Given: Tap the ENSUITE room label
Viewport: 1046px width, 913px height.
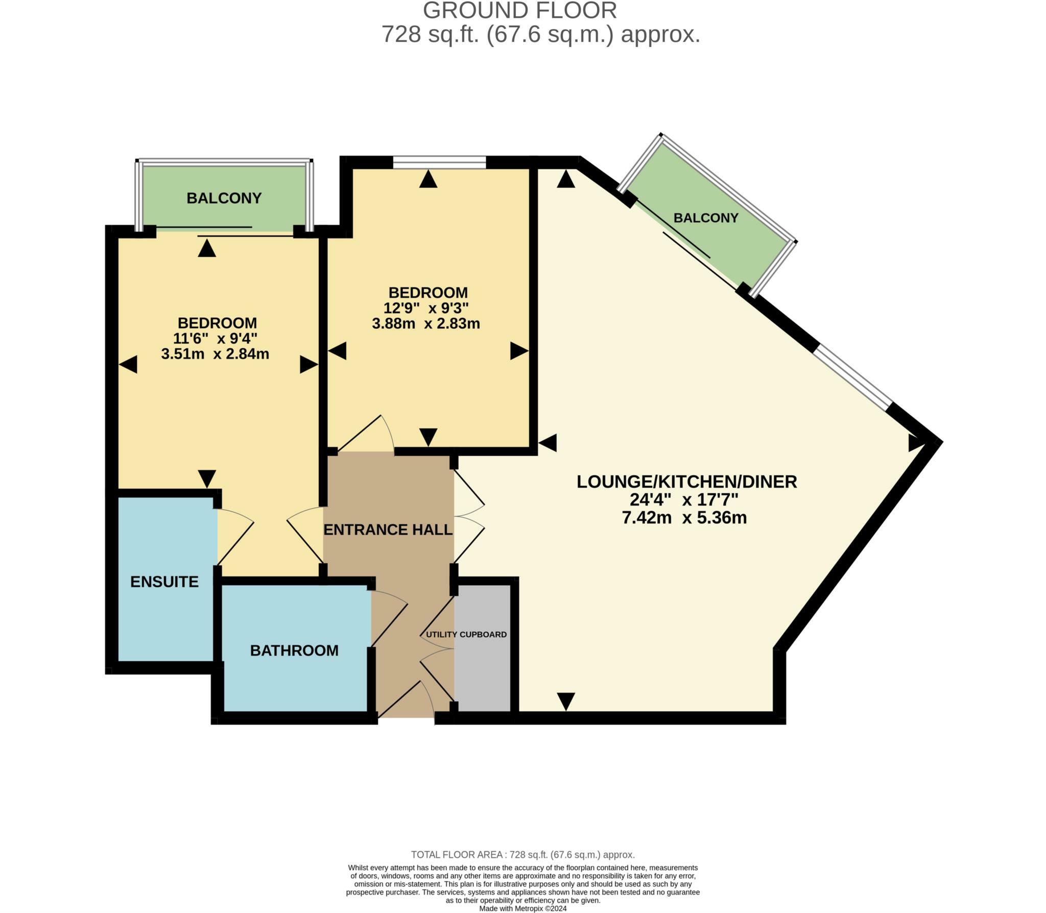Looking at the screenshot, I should (164, 582).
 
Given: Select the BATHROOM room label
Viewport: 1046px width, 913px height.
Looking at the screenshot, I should (294, 651).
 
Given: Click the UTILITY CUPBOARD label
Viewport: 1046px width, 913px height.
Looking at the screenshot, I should (466, 635).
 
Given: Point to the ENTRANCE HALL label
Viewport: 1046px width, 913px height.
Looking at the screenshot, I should (388, 530).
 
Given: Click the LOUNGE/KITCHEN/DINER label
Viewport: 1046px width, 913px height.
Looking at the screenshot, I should (686, 482).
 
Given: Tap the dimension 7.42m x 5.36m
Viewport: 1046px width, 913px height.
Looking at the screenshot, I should (684, 518).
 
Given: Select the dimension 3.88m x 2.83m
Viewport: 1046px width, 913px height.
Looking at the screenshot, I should (426, 324).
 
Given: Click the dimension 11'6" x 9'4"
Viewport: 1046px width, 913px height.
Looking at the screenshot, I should (215, 339).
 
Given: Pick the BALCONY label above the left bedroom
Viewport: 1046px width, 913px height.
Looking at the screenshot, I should (224, 198).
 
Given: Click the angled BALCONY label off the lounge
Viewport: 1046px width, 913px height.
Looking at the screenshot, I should (706, 218).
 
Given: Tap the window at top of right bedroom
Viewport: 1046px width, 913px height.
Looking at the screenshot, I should (439, 163).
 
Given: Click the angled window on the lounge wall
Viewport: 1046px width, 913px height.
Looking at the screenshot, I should (852, 377).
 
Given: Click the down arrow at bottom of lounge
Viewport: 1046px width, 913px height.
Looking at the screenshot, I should (566, 701).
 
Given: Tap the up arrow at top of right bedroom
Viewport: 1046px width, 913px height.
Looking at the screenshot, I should (428, 179).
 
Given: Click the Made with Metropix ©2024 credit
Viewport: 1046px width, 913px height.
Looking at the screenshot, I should (522, 909).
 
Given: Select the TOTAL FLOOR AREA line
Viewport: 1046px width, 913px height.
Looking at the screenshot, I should (522, 855).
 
